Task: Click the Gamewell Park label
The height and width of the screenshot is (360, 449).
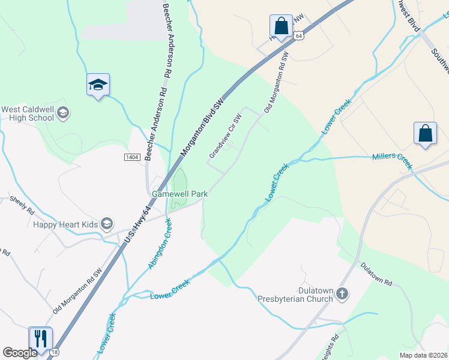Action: tap(179, 194)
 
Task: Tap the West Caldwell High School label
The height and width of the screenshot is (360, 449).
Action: tap(28, 113)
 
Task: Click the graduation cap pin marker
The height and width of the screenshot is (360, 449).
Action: tap(98, 86)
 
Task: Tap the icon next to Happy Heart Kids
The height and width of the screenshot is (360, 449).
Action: tap(107, 224)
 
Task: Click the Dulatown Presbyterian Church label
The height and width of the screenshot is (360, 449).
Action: tap(295, 294)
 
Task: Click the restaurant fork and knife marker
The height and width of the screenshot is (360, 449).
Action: tap(40, 339)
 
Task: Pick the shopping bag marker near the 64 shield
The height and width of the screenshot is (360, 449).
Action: tap(280, 26)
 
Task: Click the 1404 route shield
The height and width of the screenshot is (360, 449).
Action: tap(133, 157)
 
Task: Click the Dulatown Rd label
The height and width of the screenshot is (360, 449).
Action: tap(376, 273)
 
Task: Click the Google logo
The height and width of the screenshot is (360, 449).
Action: tap(19, 352)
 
